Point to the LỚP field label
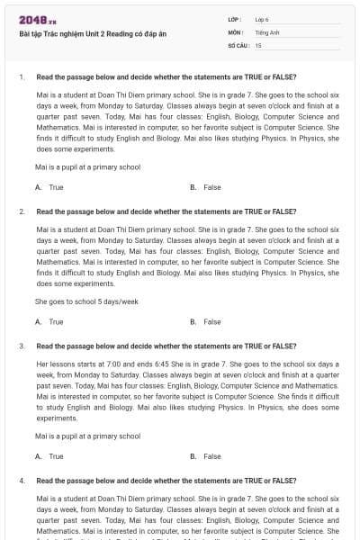[235, 19]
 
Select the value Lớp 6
[262, 19]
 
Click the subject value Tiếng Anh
[265, 31]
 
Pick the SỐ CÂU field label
[238, 44]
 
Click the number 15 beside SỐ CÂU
[258, 44]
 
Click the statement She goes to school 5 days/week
[86, 301]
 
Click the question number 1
[21, 77]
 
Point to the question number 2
[21, 211]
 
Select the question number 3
[21, 346]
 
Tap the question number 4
[21, 481]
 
